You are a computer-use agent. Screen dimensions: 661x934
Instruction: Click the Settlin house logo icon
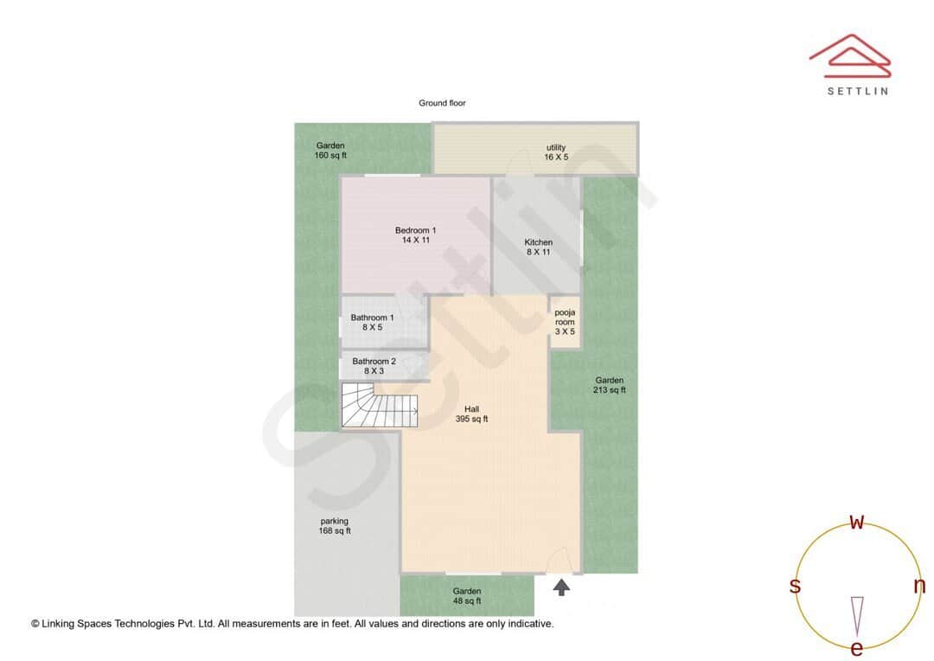[x=850, y=54]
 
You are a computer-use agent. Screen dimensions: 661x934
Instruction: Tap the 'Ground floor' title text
[x=442, y=103]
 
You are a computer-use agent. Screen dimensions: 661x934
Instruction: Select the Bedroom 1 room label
[x=415, y=234]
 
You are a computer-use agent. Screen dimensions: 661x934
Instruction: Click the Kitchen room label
[x=538, y=247]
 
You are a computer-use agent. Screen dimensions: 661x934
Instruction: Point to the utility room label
[x=555, y=152]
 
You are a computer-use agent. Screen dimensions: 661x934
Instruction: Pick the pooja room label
[x=565, y=322]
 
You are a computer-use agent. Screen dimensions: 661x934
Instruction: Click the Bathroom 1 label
[x=372, y=323]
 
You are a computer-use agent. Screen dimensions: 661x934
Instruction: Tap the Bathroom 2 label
[x=374, y=366]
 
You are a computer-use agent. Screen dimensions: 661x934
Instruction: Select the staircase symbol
[x=379, y=406]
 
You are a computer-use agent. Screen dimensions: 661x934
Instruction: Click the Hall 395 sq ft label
[x=471, y=414]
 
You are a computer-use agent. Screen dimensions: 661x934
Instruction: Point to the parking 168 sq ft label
[x=335, y=526]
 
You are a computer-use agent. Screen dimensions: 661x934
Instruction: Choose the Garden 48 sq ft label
[x=467, y=596]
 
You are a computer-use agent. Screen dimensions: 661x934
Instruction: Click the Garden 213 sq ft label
[x=610, y=385]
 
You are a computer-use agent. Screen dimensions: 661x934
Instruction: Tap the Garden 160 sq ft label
[x=330, y=151]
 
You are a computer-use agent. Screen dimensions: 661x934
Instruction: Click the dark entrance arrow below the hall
[x=562, y=588]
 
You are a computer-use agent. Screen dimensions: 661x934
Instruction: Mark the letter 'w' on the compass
[x=857, y=522]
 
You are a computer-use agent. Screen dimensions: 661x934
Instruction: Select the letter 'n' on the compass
[x=919, y=586]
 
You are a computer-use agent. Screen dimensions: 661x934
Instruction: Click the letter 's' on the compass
[x=795, y=586]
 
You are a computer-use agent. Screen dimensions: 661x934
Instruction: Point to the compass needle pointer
[x=857, y=614]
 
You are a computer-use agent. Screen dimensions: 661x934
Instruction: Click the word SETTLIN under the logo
[x=857, y=91]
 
